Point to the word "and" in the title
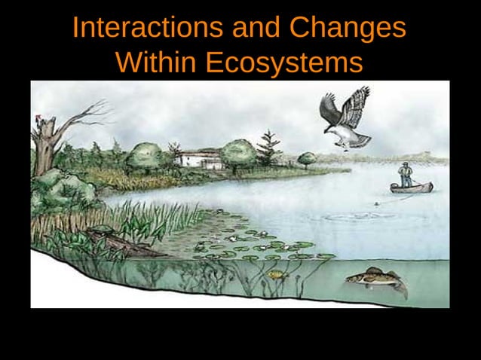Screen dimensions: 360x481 (255, 29)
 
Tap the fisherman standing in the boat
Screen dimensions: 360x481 (406, 175)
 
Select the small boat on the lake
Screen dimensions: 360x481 (411, 187)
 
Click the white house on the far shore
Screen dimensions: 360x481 (198, 159)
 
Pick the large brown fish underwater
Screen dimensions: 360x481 (373, 279)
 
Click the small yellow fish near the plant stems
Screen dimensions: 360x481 (275, 274)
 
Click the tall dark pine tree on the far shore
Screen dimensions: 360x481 (266, 148)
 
